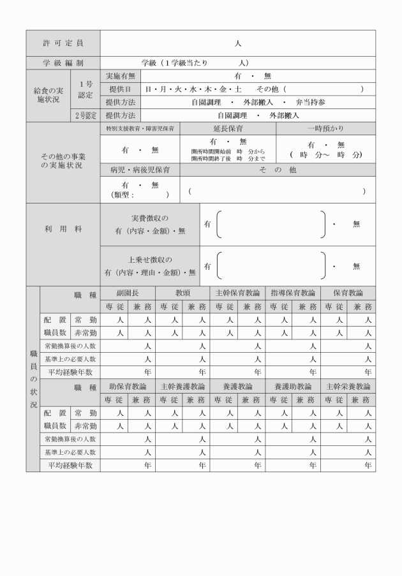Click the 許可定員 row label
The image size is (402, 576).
pyautogui.click(x=63, y=43)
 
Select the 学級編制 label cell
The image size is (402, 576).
pyautogui.click(x=63, y=63)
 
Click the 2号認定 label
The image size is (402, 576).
pyautogui.click(x=86, y=115)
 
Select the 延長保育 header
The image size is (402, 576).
pyautogui.click(x=228, y=128)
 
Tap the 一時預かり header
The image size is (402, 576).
pyautogui.click(x=325, y=128)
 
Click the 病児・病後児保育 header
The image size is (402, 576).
pyautogui.click(x=140, y=170)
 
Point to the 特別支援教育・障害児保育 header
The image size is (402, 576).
pyautogui.click(x=140, y=128)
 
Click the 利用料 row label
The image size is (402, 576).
pyautogui.click(x=63, y=228)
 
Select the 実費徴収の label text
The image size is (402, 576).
pyautogui.click(x=149, y=218)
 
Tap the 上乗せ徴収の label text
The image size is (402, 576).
pyautogui.click(x=149, y=260)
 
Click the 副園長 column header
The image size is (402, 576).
pyautogui.click(x=128, y=293)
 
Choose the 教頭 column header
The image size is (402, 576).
pyautogui.click(x=182, y=293)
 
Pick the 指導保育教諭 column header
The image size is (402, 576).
pyautogui.click(x=292, y=293)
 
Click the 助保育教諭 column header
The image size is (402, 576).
pyautogui.click(x=128, y=387)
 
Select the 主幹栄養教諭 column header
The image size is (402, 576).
pyautogui.click(x=348, y=387)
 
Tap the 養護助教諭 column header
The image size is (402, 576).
pyautogui.click(x=292, y=387)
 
